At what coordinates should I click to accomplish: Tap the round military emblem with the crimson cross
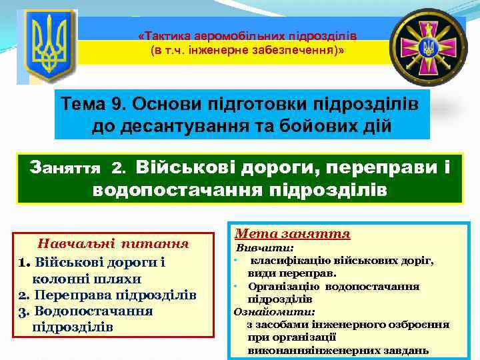point(429,47)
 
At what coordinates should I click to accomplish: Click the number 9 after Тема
point(115,104)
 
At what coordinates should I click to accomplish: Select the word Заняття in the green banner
point(65,166)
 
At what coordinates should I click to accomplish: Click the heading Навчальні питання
point(113,244)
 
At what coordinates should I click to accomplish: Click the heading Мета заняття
point(293,233)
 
